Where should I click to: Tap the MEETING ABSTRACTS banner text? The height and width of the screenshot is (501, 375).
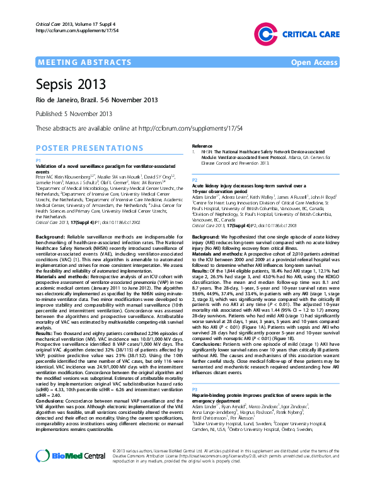pyautogui.click(x=77, y=63)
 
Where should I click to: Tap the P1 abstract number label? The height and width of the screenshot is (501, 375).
pyautogui.click(x=38, y=161)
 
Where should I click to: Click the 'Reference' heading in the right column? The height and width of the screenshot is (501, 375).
pyautogui.click(x=203, y=146)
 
